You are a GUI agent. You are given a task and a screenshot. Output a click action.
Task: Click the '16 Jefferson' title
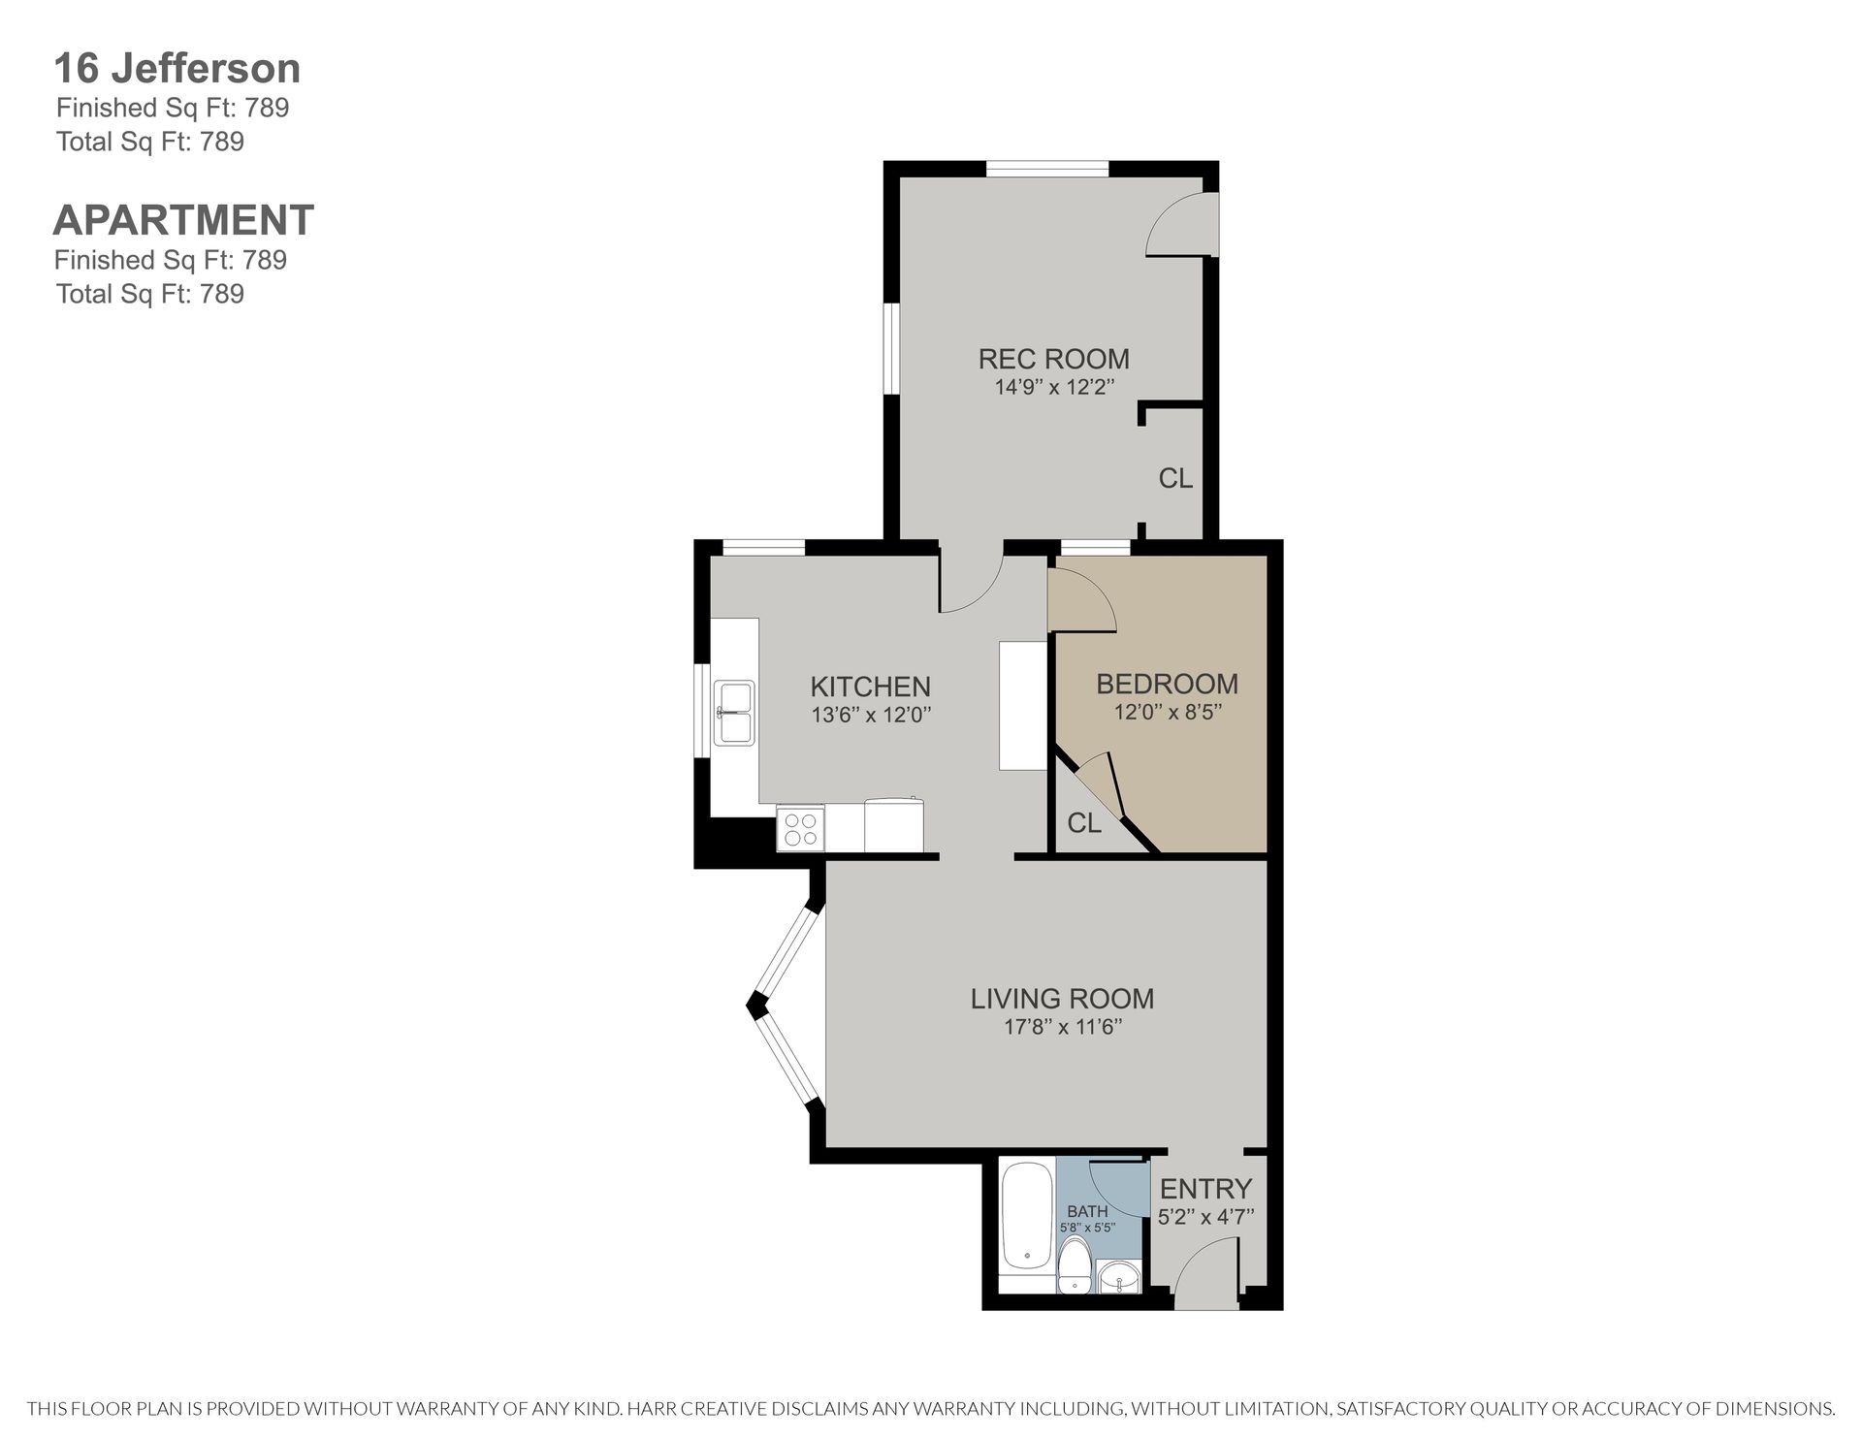point(177,69)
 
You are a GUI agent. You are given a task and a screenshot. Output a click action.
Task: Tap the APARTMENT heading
point(183,220)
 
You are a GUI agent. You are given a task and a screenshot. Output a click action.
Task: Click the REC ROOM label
point(1054,359)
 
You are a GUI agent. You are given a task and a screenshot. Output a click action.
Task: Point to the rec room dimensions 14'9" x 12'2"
point(1054,387)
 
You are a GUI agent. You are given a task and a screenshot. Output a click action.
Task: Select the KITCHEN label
point(870,687)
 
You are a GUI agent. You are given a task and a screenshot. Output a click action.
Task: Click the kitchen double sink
point(734,713)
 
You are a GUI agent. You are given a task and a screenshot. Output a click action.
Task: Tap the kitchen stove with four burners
point(800,829)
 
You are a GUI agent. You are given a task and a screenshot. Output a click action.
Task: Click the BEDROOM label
point(1168,684)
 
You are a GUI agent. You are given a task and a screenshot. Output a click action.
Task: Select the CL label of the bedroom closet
point(1084,823)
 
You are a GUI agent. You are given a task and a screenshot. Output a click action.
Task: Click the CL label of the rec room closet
point(1175,478)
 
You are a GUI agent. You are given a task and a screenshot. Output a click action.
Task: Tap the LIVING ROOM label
point(1063,998)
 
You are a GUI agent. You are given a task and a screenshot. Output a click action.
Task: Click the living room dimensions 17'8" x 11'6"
point(1063,1027)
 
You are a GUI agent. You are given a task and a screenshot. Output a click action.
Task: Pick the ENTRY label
point(1206,1188)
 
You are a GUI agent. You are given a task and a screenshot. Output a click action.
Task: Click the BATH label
point(1087,1211)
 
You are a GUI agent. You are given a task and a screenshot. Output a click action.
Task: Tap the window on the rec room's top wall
point(1047,170)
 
